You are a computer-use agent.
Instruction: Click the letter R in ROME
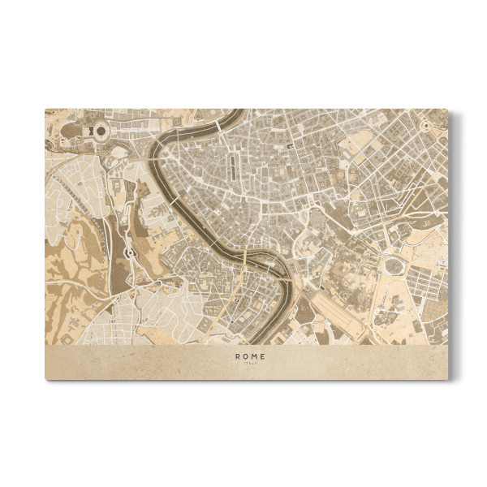pyautogui.click(x=238, y=356)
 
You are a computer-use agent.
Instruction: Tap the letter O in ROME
pyautogui.click(x=246, y=356)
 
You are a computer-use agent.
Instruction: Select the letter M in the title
pyautogui.click(x=254, y=356)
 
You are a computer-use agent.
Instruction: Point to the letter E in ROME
pyautogui.click(x=262, y=356)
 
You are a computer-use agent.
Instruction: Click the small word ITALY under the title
pyautogui.click(x=250, y=364)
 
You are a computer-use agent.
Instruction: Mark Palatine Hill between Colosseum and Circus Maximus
pyautogui.click(x=357, y=272)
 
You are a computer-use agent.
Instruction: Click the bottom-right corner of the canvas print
pyautogui.click(x=447, y=378)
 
